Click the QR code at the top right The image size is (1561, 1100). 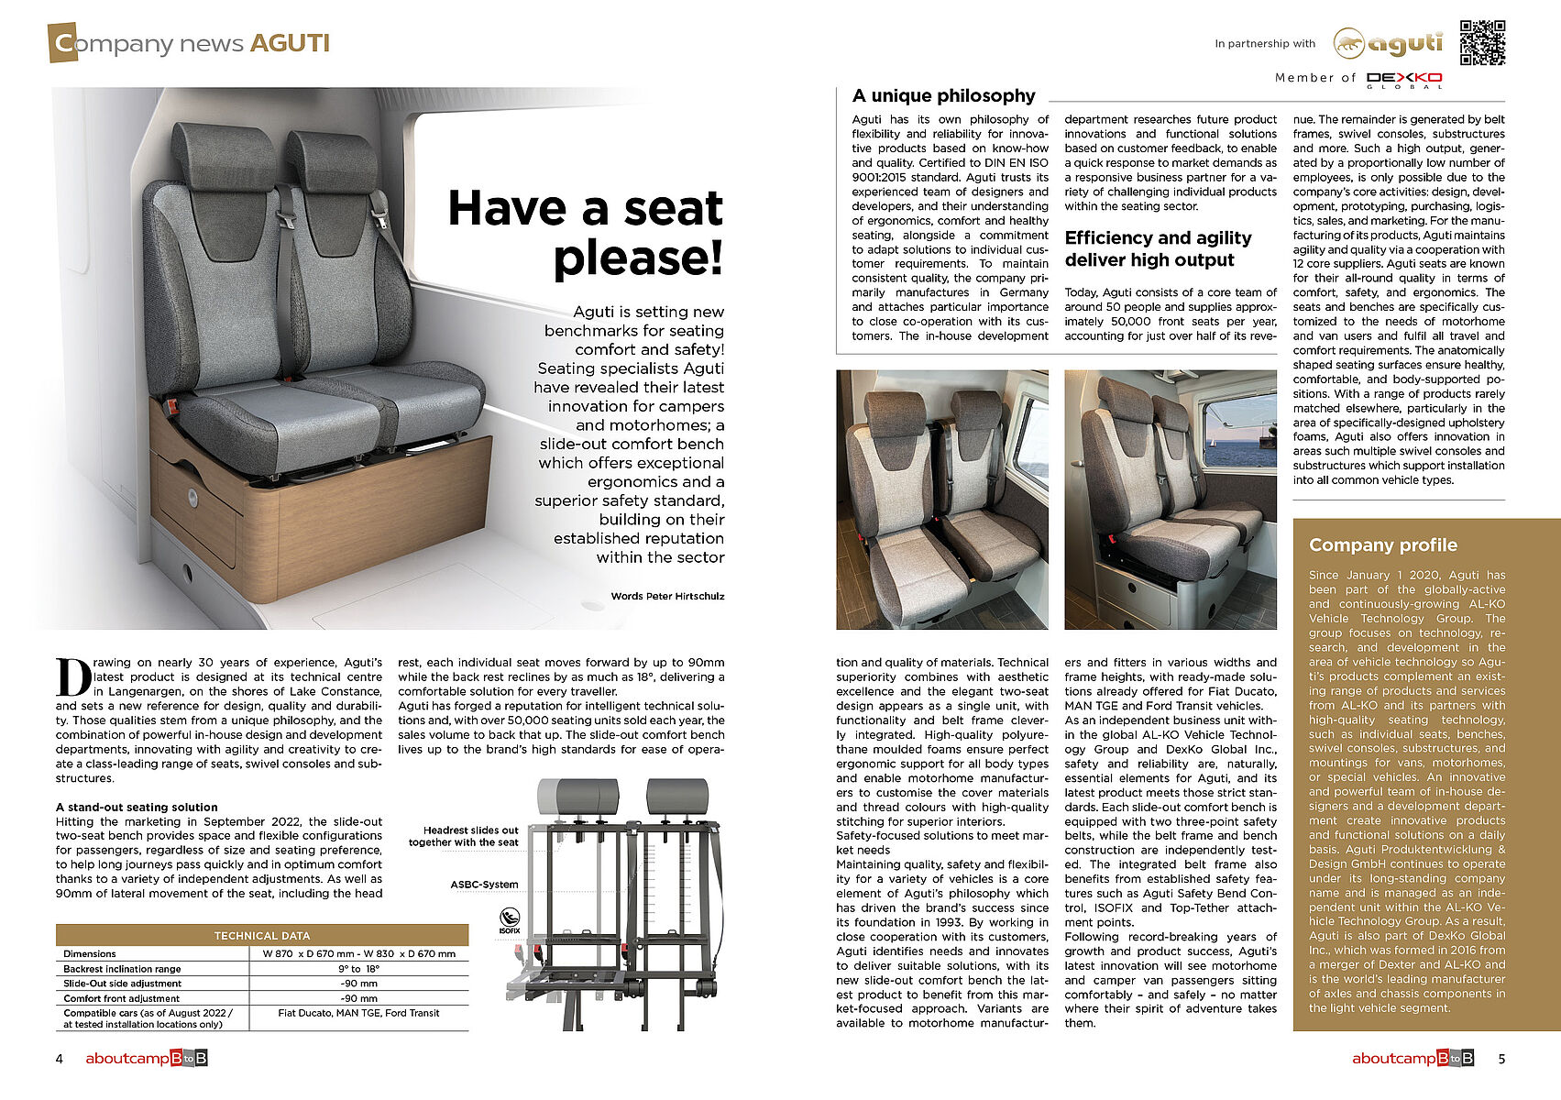point(1482,43)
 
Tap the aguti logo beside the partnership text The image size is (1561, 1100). point(1388,43)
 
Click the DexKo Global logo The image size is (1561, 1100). point(1403,80)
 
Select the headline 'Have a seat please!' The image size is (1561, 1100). point(586,233)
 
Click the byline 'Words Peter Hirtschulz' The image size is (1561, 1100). point(667,596)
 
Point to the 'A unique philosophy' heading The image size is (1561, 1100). point(943,96)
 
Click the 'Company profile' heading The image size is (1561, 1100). point(1382,545)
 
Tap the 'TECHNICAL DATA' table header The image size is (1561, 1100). point(262,935)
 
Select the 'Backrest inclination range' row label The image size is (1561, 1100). point(122,969)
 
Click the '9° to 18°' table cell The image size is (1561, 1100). point(358,969)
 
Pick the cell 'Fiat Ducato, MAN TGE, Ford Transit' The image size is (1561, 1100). point(358,1013)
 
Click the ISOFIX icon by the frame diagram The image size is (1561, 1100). point(510,919)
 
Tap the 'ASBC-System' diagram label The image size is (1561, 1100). point(484,885)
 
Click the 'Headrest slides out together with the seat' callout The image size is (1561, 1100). point(464,836)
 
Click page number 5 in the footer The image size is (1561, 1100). point(1501,1059)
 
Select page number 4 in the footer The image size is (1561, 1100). point(60,1059)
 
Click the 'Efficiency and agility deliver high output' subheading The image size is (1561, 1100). point(1158,248)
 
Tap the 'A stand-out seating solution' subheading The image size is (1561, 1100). point(137,808)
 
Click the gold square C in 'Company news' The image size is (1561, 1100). point(63,43)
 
